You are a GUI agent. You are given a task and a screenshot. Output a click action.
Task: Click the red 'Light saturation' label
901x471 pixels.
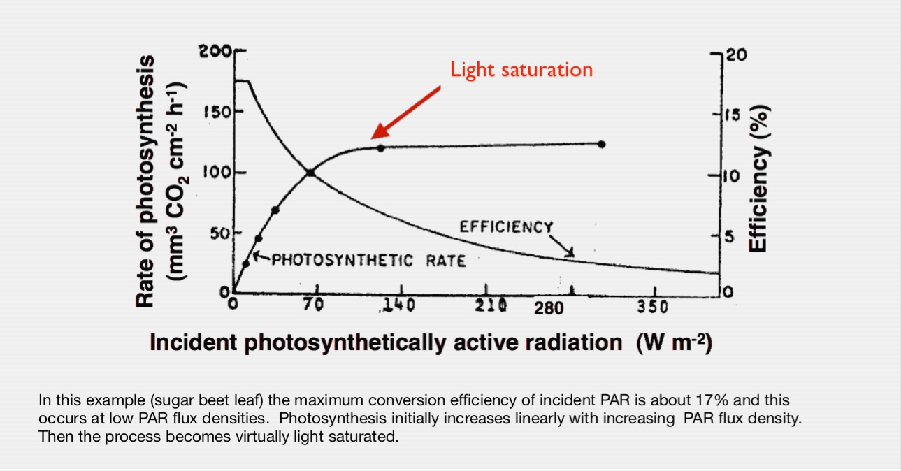coord(521,70)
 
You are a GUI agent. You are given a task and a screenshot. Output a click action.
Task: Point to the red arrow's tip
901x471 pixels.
coord(373,137)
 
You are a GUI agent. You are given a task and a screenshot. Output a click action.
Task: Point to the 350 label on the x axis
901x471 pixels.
coord(653,307)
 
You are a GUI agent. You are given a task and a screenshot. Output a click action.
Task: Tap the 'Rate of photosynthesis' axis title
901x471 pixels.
coord(145,180)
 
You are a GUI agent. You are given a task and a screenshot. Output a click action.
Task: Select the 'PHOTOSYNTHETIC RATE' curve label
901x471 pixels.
coord(368,261)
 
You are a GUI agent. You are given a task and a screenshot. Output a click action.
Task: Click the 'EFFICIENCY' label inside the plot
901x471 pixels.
coord(505,227)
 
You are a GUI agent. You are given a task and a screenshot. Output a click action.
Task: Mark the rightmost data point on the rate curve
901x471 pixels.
coord(602,144)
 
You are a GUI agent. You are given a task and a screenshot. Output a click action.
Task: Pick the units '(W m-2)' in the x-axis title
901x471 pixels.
coord(674,343)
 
